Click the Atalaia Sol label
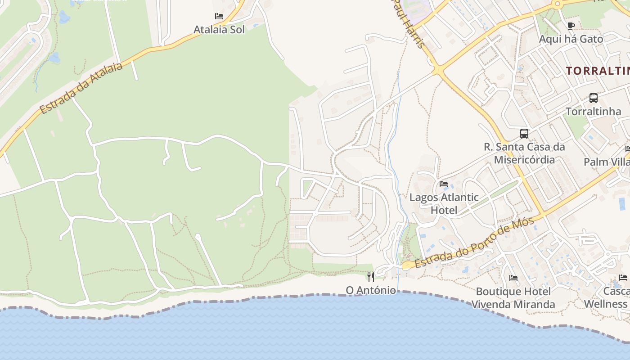pyautogui.click(x=219, y=30)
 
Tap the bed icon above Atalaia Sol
pyautogui.click(x=219, y=16)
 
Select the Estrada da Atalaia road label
pyautogui.click(x=81, y=88)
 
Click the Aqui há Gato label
pyautogui.click(x=571, y=39)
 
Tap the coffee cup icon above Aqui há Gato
pyautogui.click(x=571, y=26)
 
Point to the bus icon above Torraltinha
pyautogui.click(x=594, y=98)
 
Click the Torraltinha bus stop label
pyautogui.click(x=593, y=111)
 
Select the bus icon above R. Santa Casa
pyautogui.click(x=524, y=133)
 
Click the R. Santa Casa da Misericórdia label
pyautogui.click(x=524, y=153)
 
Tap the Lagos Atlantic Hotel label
pyautogui.click(x=444, y=203)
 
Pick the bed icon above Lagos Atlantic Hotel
pyautogui.click(x=444, y=184)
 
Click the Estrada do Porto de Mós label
pyautogui.click(x=475, y=243)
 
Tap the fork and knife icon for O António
pyautogui.click(x=371, y=277)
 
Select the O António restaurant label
pyautogui.click(x=371, y=290)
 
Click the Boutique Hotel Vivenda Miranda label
pyautogui.click(x=513, y=298)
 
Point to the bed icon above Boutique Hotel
pyautogui.click(x=513, y=278)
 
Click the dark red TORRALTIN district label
pyautogui.click(x=598, y=71)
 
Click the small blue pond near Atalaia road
pyautogui.click(x=54, y=58)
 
